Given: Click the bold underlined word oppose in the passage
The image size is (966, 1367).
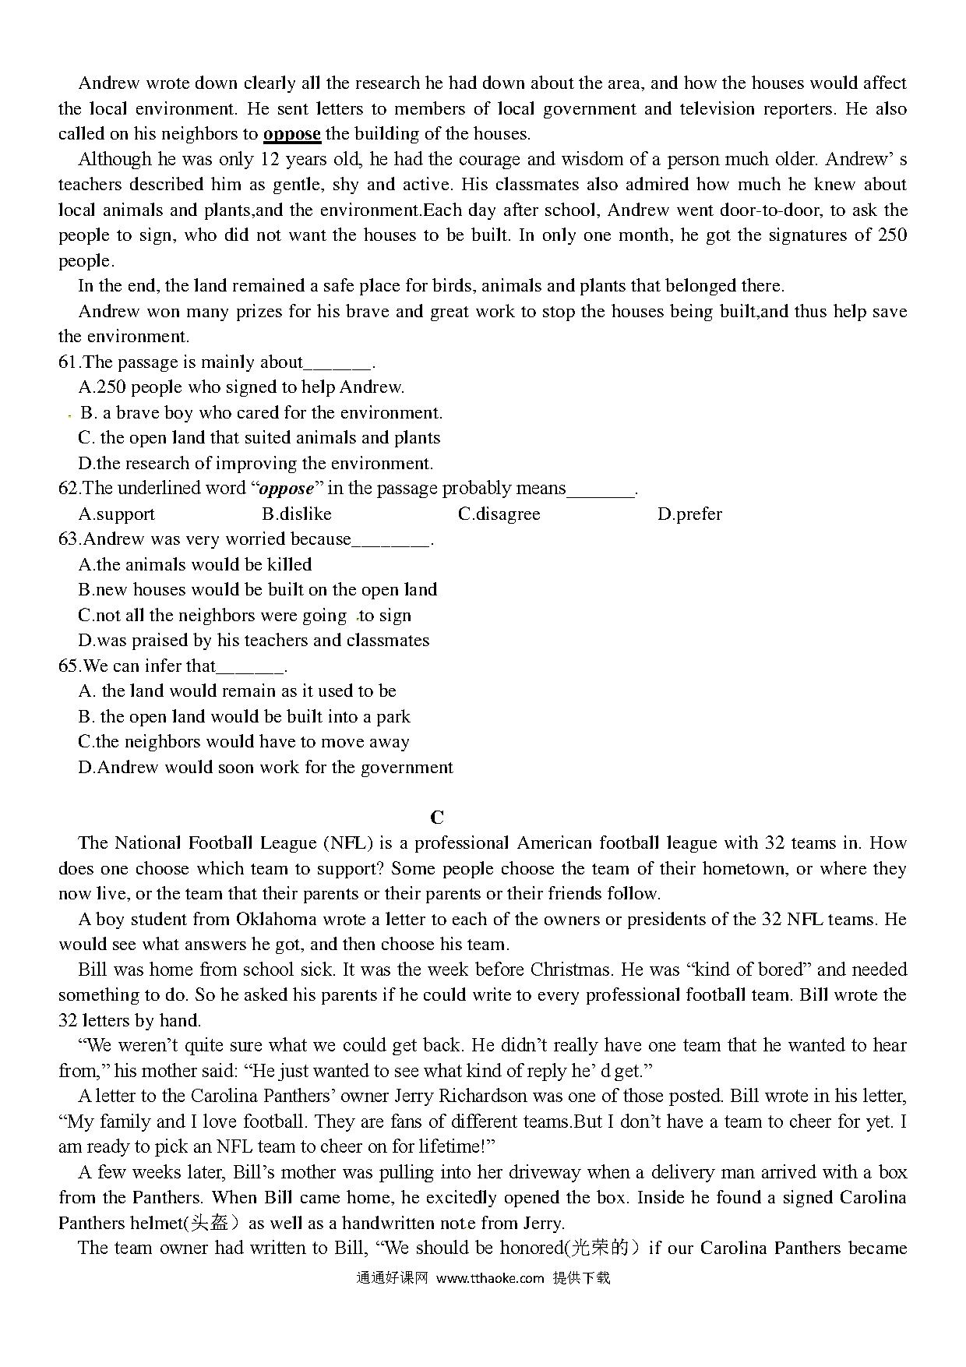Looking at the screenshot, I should tap(292, 134).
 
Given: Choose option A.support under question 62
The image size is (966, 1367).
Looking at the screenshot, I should tap(117, 514).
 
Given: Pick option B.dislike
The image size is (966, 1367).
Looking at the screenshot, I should tap(297, 514).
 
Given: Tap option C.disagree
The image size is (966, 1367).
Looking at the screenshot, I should tap(499, 514).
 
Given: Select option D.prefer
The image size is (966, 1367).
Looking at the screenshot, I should tap(689, 514).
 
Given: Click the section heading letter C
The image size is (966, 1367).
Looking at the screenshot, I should tap(437, 817).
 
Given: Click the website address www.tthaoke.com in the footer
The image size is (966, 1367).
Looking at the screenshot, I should tap(490, 1277).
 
